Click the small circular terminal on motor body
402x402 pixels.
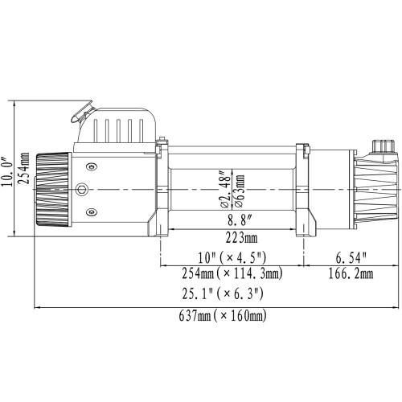point(81,190)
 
